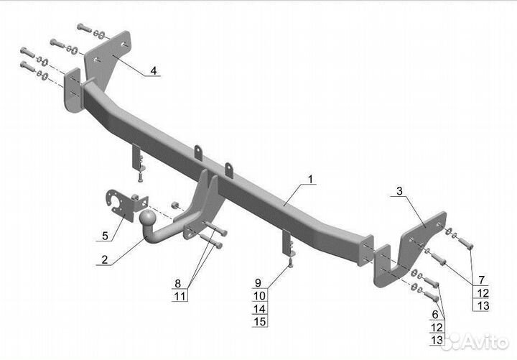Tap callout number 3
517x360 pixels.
coord(400,193)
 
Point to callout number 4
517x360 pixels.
coord(153,70)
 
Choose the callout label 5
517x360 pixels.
coord(105,235)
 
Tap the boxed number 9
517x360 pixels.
coord(258,283)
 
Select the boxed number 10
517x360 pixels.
coord(258,295)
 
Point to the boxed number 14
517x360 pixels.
coord(258,308)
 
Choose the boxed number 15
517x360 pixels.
coord(258,321)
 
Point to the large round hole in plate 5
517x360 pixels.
coord(115,200)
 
